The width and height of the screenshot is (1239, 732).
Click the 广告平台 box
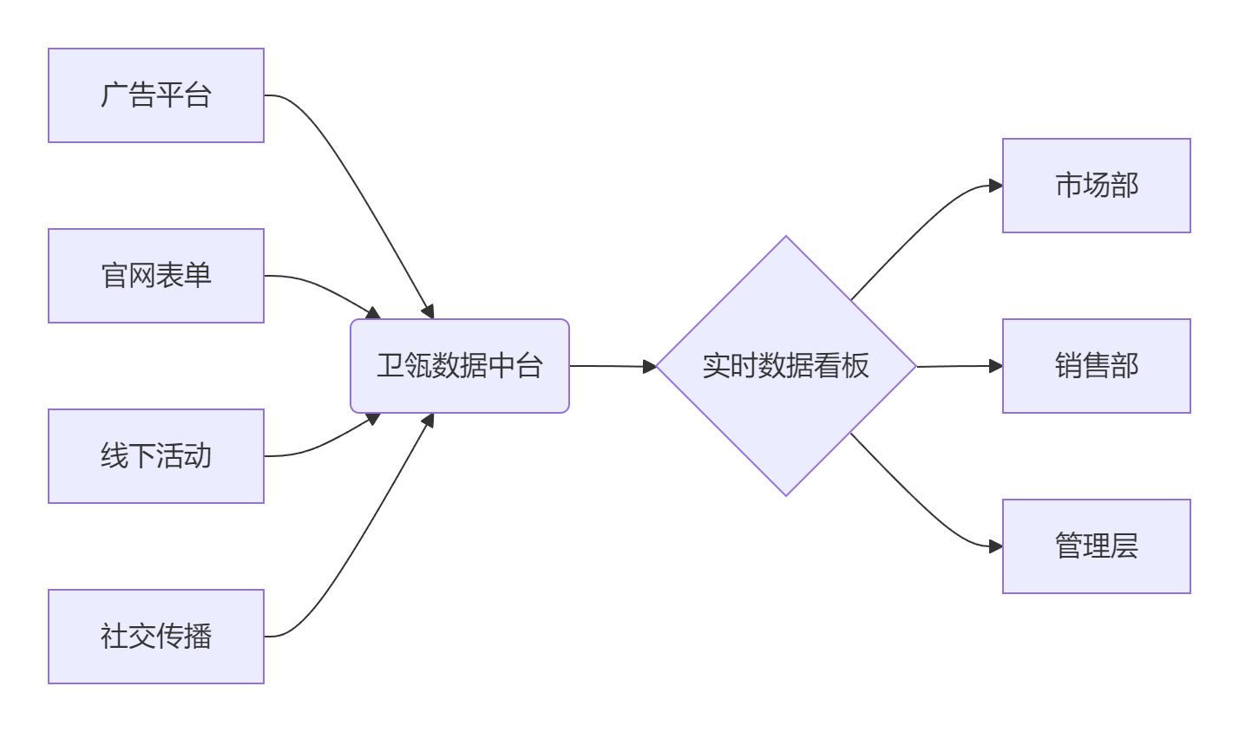tap(156, 95)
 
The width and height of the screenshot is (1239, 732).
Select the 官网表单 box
tap(156, 276)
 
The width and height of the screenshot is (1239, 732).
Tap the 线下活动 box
tap(156, 456)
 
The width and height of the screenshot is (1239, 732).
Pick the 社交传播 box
tap(156, 637)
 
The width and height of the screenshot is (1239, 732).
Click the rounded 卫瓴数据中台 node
tap(460, 366)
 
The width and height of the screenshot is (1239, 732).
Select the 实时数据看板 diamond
tap(786, 366)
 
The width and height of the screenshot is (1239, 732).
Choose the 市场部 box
tap(1097, 186)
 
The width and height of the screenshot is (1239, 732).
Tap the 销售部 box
tap(1097, 366)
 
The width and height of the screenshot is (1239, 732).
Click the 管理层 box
tap(1097, 546)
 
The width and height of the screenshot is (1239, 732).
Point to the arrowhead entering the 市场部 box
tap(996, 186)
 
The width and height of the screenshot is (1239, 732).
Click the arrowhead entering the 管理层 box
tap(996, 546)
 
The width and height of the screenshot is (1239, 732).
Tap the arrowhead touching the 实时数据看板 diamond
tap(650, 367)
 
